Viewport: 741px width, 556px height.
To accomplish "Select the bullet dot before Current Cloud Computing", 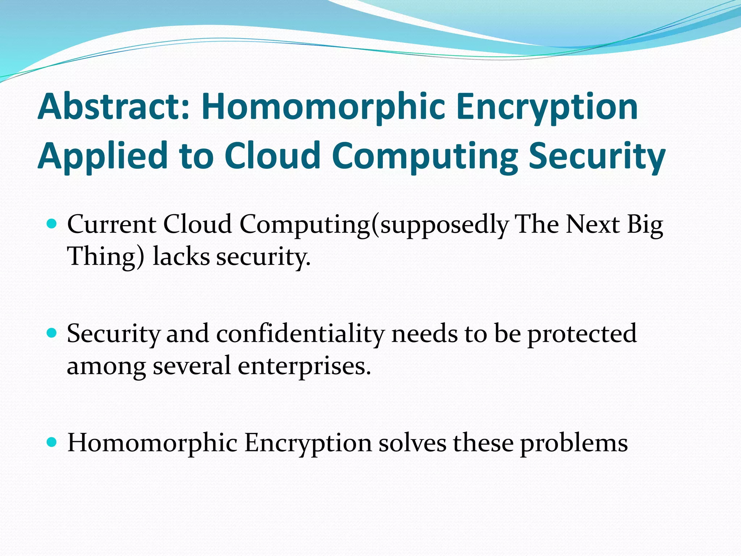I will [52, 223].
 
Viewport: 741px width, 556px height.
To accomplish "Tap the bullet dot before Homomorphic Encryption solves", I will [52, 442].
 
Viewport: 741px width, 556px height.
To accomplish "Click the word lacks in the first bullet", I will [181, 256].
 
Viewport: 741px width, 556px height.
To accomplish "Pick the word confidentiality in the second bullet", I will [300, 333].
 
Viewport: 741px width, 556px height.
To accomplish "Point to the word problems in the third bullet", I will [574, 444].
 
